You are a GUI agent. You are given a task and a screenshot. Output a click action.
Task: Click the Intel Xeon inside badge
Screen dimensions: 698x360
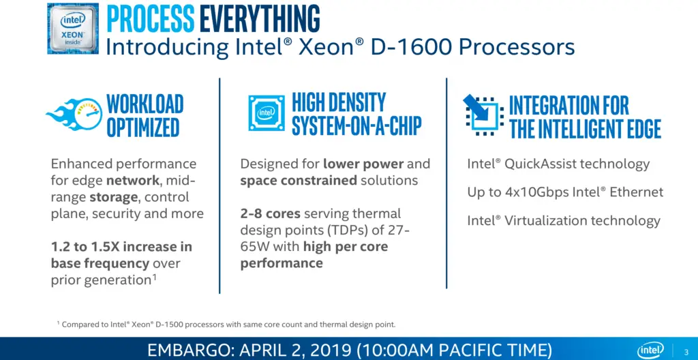click(73, 29)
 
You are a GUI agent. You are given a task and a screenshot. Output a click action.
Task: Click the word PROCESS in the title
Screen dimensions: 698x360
click(151, 19)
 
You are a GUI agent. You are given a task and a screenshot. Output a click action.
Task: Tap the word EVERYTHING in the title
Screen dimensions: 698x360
click(260, 19)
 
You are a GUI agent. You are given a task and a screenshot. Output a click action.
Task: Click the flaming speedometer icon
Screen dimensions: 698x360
click(74, 114)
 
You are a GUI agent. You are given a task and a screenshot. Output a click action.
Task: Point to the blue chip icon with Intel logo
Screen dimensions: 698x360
click(267, 113)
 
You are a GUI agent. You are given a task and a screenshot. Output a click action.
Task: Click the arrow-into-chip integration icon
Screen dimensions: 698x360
click(483, 114)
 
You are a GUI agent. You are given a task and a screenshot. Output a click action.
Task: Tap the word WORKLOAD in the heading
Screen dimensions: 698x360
click(145, 104)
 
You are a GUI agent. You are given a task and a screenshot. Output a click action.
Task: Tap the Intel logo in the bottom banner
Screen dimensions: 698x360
click(651, 349)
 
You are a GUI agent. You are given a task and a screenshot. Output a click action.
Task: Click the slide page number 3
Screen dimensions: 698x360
click(686, 350)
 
